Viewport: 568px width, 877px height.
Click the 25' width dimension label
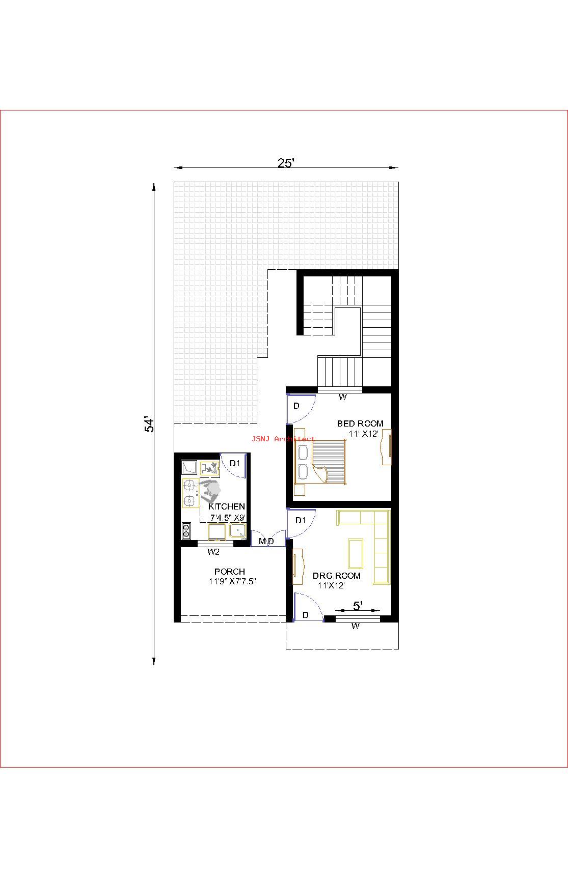coord(286,163)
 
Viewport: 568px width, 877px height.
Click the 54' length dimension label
coord(149,425)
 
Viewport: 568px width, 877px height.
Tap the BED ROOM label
coord(360,423)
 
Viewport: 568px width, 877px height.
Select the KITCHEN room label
coord(227,506)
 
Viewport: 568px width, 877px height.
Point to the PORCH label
coord(229,572)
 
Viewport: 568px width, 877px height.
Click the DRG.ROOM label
coord(336,576)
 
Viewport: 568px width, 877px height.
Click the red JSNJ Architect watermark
coord(283,439)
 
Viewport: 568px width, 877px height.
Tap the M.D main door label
coord(266,541)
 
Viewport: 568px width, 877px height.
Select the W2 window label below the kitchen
coord(213,552)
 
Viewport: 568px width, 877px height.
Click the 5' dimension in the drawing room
coord(358,606)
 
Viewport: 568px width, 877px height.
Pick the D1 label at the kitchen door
coord(235,463)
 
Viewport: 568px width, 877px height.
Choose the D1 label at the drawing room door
coord(301,520)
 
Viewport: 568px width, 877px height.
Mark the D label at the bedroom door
coord(296,406)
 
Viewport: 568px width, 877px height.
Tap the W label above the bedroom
coord(342,397)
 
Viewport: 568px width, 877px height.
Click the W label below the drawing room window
coord(355,626)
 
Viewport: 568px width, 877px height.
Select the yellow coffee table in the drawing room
coord(356,553)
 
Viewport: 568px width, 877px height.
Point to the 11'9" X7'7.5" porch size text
coord(232,581)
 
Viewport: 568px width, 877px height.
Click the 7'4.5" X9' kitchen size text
coord(228,517)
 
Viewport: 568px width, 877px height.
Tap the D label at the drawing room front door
coord(305,615)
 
